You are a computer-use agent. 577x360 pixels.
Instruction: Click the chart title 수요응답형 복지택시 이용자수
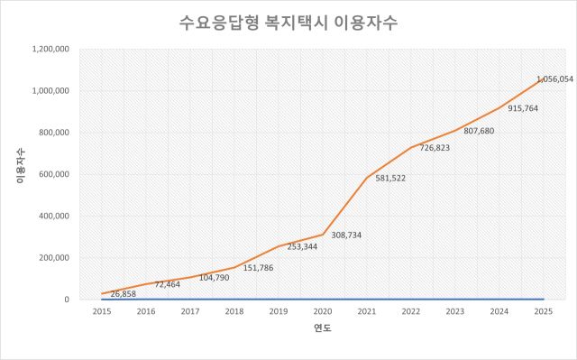point(288,23)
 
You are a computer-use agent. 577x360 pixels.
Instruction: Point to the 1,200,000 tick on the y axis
point(52,50)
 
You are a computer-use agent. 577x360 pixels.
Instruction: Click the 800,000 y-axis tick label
point(56,133)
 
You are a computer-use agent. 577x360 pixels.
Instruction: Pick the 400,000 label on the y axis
point(56,217)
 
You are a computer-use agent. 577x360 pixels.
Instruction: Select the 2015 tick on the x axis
point(103,311)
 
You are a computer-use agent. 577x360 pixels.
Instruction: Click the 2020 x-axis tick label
point(323,311)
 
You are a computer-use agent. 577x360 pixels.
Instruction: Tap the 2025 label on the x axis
point(543,311)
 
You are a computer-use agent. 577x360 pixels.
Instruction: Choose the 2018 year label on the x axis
point(234,311)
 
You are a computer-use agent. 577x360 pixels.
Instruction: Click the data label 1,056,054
point(554,79)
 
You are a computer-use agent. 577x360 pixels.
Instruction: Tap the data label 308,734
point(350,235)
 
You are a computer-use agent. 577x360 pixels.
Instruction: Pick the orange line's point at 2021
point(367,178)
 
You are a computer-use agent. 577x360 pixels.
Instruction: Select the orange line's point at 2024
point(499,108)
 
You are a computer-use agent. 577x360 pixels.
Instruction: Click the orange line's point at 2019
point(279,246)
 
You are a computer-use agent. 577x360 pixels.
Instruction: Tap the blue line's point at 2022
point(411,299)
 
